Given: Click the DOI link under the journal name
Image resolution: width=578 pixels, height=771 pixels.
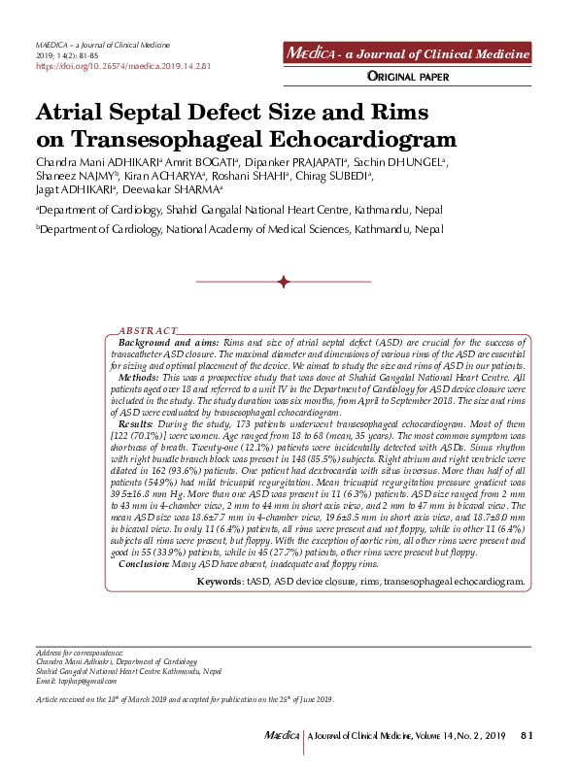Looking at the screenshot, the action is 122,66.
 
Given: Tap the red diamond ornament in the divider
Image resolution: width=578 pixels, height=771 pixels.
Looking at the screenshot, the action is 284,282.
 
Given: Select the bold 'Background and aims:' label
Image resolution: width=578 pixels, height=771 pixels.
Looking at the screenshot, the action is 168,344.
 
